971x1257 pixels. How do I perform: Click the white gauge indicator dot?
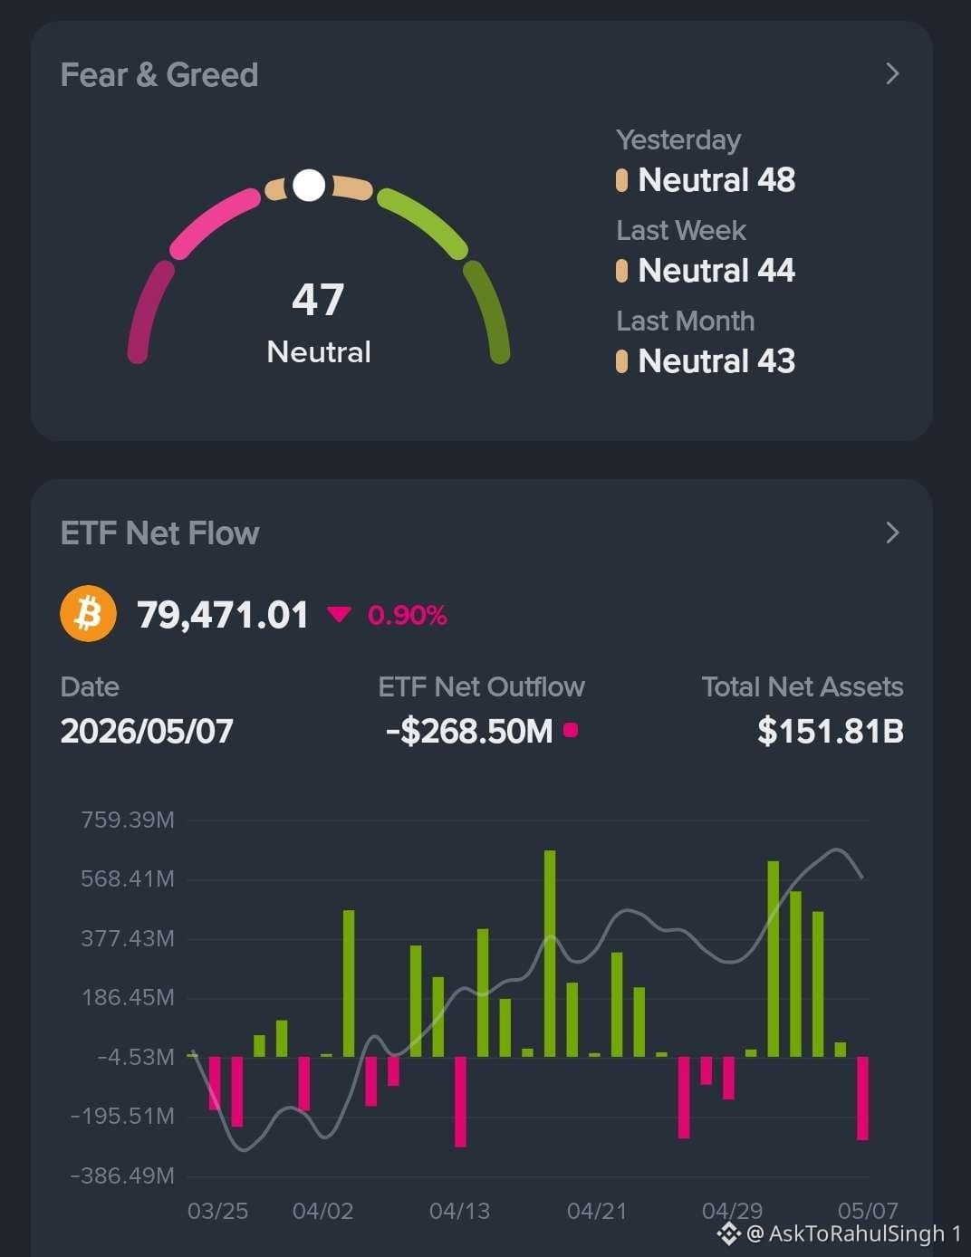(x=309, y=185)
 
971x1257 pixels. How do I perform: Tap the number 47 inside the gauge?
(x=318, y=300)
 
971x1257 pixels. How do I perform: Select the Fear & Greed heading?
(x=159, y=74)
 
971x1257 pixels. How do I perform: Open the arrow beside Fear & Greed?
(x=892, y=73)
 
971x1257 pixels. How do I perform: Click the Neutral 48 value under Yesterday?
(x=716, y=180)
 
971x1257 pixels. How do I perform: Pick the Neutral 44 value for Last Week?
(x=716, y=270)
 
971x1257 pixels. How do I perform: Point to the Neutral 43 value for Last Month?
(x=716, y=361)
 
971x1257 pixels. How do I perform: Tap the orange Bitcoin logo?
(x=88, y=614)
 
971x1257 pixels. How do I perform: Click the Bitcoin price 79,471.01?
(x=223, y=614)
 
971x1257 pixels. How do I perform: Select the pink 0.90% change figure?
(x=407, y=615)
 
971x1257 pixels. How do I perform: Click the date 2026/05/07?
(x=147, y=731)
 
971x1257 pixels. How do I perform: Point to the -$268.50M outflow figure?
(x=469, y=731)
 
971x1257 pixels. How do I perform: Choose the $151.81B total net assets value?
(x=831, y=731)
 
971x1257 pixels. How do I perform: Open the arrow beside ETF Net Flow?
(x=892, y=533)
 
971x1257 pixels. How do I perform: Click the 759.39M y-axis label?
(x=127, y=820)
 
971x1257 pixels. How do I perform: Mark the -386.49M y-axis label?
(x=122, y=1175)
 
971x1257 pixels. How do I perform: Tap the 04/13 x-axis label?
(x=460, y=1211)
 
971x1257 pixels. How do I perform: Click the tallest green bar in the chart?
(x=550, y=954)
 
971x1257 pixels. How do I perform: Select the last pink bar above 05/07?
(x=862, y=1098)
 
